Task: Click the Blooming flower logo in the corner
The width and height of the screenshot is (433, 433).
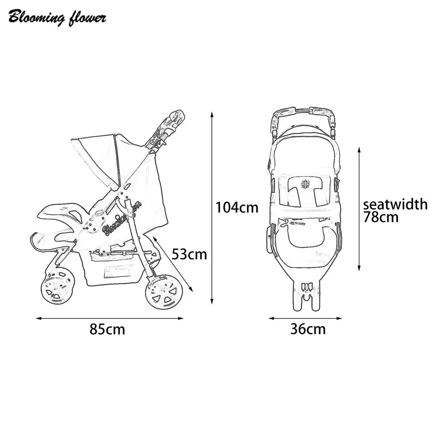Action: pyautogui.click(x=57, y=18)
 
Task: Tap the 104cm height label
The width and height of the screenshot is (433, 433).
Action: pyautogui.click(x=237, y=207)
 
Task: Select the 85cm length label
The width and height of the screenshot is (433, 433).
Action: pyautogui.click(x=107, y=329)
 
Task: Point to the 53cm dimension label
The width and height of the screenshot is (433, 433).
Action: pyautogui.click(x=189, y=254)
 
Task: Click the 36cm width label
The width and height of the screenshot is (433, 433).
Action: pyautogui.click(x=308, y=329)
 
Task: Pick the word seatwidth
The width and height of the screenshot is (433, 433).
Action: pyautogui.click(x=395, y=204)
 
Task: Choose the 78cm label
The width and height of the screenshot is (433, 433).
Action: pyautogui.click(x=381, y=217)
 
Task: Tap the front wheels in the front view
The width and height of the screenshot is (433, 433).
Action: pyautogui.click(x=306, y=296)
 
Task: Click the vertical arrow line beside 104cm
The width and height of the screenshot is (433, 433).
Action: pyautogui.click(x=211, y=207)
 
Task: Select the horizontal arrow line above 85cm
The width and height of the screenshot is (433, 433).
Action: pyautogui.click(x=109, y=318)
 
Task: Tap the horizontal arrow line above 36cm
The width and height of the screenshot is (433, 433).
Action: pyautogui.click(x=305, y=318)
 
